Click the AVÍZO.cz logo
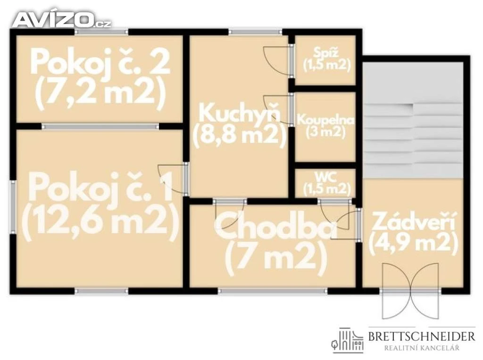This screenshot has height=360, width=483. [x=62, y=20]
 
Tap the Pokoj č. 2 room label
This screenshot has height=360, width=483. [x=100, y=63]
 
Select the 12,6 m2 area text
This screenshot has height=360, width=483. [x=100, y=220]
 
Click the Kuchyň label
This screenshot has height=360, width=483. [x=240, y=113]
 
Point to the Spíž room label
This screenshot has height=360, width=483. [x=326, y=52]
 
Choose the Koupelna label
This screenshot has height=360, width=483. [x=325, y=120]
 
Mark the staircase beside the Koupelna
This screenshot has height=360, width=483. [x=413, y=120]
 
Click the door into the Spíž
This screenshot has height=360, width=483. [x=278, y=61]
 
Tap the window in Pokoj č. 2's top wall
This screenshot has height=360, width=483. [x=101, y=32]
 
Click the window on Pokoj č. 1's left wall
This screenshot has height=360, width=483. [x=13, y=206]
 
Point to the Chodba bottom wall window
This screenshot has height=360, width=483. [x=273, y=291]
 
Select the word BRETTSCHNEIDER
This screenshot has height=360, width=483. [x=422, y=336]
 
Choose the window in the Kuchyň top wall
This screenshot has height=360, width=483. [x=255, y=32]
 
